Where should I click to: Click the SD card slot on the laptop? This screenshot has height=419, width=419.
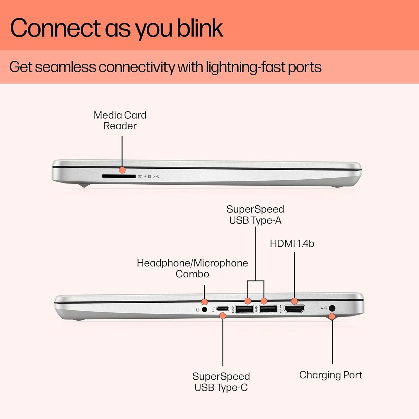click(119, 176)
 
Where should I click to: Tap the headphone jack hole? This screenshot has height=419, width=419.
click(205, 310)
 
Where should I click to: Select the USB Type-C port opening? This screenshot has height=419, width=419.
click(222, 309)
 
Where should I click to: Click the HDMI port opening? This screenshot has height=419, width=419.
click(294, 309)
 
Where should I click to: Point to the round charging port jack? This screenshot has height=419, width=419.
click(332, 308)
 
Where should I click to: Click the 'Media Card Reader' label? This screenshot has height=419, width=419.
click(120, 120)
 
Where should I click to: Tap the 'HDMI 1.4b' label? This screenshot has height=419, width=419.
click(292, 244)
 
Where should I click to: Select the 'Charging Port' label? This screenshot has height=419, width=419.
click(330, 375)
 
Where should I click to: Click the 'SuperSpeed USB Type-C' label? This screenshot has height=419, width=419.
click(221, 382)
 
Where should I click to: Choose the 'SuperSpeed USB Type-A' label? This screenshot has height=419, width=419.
click(255, 215)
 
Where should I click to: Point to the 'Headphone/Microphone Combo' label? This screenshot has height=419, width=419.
click(192, 268)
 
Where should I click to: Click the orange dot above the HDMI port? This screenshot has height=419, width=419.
click(294, 301)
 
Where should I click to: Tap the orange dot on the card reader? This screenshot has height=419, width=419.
click(122, 170)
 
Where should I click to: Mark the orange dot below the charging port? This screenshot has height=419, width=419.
click(332, 317)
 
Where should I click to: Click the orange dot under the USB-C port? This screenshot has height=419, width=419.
click(223, 316)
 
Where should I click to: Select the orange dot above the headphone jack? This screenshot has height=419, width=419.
click(205, 301)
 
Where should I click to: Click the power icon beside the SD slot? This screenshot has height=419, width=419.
click(158, 177)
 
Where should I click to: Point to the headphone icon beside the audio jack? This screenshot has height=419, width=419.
click(198, 310)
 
